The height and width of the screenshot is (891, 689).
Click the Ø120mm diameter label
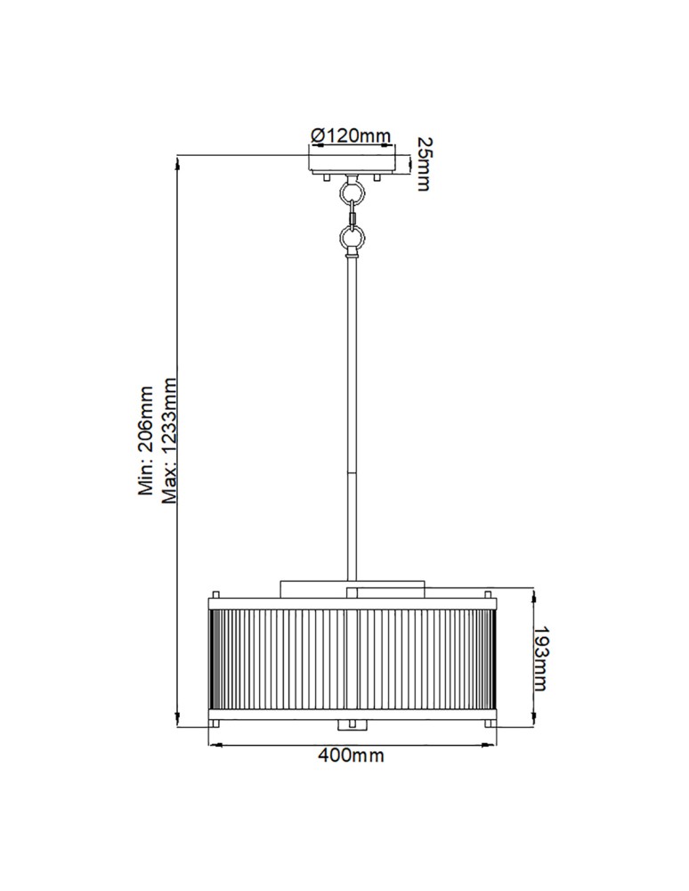pos(351,135)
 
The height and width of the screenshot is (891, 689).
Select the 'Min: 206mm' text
pos(148,441)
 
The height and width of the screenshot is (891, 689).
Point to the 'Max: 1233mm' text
pos(170,441)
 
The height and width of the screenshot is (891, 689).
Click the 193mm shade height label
pos(539,657)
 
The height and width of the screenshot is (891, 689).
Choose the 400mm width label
pos(351,756)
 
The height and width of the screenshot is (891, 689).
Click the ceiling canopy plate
pos(353,163)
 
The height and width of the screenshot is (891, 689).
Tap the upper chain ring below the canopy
pos(353,192)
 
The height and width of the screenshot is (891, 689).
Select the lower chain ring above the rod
pos(353,238)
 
